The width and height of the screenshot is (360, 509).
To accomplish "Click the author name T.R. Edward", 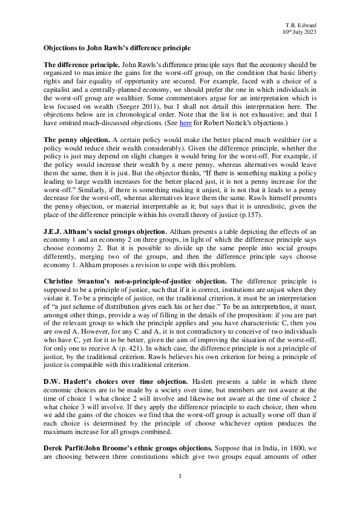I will coord(300,24).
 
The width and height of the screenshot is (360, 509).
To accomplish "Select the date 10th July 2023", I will coord(299,31).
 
